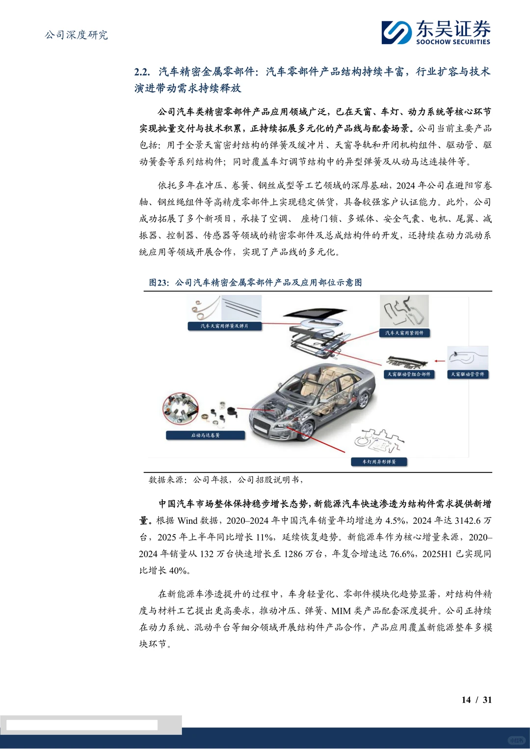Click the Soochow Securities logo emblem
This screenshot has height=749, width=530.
[397, 32]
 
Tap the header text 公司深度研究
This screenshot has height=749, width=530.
[77, 35]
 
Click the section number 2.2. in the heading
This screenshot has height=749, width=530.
[142, 72]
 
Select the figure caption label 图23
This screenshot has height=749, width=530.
[159, 283]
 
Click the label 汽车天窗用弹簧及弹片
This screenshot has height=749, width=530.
[224, 326]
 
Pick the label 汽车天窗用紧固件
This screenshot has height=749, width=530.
[404, 333]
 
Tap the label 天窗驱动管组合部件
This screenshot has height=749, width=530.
[409, 374]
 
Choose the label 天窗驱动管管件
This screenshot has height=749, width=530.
[468, 374]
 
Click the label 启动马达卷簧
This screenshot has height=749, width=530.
[205, 435]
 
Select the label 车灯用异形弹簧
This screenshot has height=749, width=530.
[379, 462]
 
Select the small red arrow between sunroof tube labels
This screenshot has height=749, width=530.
[440, 361]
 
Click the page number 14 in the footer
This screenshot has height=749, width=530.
[466, 700]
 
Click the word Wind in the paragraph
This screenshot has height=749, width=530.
[187, 520]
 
